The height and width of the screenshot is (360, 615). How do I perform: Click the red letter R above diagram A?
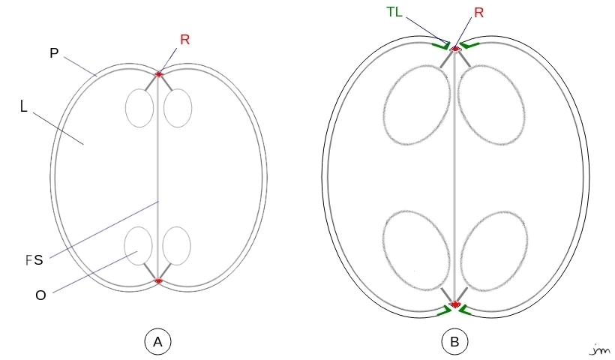tap(184, 40)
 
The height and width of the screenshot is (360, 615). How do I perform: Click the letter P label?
tap(54, 53)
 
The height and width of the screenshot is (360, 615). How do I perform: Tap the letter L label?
tap(23, 106)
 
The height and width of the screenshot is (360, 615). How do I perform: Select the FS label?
tap(34, 259)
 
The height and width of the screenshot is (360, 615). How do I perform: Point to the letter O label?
tap(40, 295)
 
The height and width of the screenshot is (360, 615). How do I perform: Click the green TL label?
tap(394, 12)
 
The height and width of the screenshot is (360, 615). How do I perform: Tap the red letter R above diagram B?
tap(479, 13)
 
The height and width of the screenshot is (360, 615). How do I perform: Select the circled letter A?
tap(157, 341)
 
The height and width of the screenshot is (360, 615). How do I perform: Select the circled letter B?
tap(454, 341)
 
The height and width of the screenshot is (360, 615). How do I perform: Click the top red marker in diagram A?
tap(158, 73)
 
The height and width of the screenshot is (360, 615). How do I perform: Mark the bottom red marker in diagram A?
tap(158, 280)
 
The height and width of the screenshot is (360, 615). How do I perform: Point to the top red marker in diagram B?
tap(455, 49)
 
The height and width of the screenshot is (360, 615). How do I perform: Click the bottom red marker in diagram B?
tap(455, 304)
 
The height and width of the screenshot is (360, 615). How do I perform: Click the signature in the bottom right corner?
tap(600, 349)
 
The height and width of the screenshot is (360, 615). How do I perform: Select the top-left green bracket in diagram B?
tap(441, 46)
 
